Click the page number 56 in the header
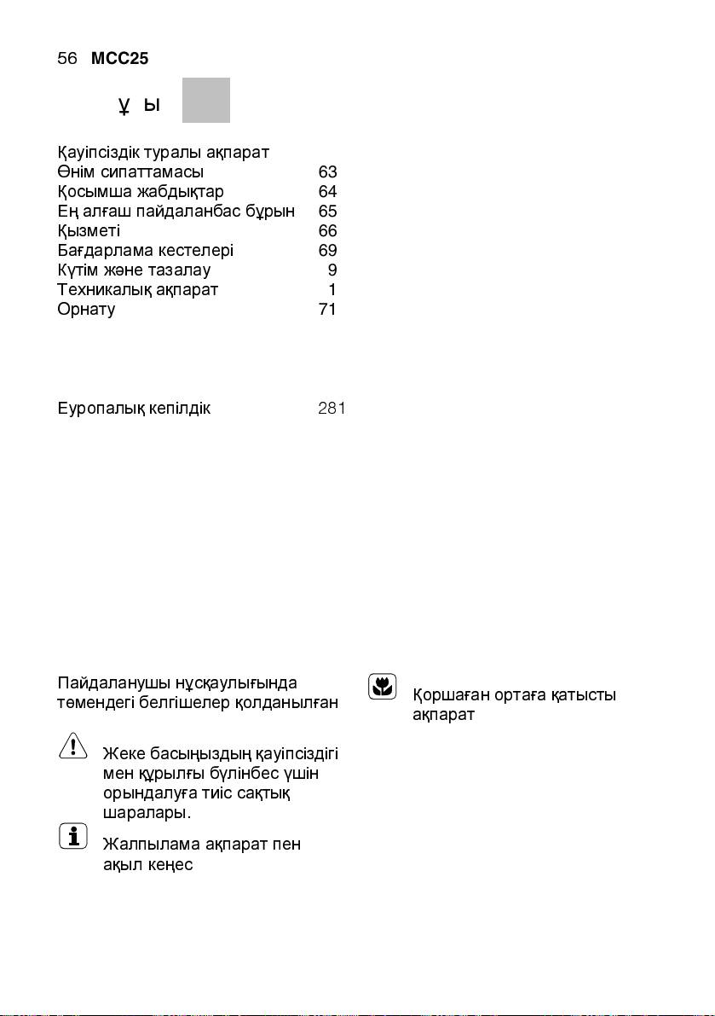pyautogui.click(x=66, y=59)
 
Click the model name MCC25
pyautogui.click(x=120, y=59)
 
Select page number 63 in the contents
pyautogui.click(x=327, y=172)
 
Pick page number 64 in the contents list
pyautogui.click(x=327, y=191)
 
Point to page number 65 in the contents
pyautogui.click(x=327, y=211)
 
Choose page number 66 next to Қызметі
pyautogui.click(x=327, y=230)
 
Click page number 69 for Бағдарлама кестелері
pyautogui.click(x=327, y=250)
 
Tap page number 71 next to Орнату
pyautogui.click(x=326, y=309)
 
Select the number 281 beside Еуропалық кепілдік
pyautogui.click(x=331, y=409)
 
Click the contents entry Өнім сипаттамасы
pyautogui.click(x=130, y=172)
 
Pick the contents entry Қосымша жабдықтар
pyautogui.click(x=141, y=191)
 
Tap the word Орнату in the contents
pyautogui.click(x=86, y=309)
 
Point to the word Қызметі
pyautogui.click(x=89, y=231)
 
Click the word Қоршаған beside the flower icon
pyautogui.click(x=453, y=694)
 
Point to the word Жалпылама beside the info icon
pyautogui.click(x=151, y=845)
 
